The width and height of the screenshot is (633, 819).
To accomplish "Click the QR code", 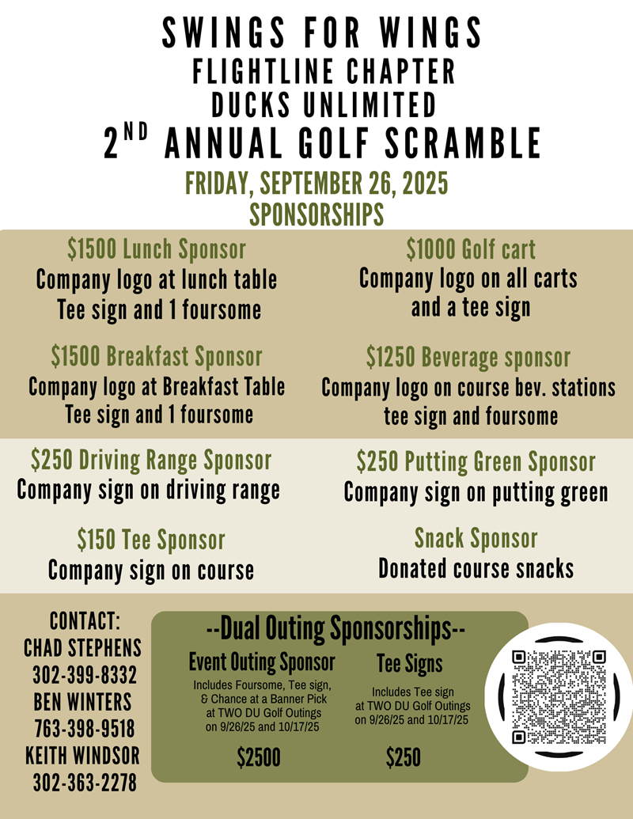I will [x=559, y=696].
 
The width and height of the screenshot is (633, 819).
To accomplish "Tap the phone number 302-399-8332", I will [x=85, y=677].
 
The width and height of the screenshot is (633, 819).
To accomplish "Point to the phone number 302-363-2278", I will [x=85, y=783].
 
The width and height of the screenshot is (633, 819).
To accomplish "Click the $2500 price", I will [x=259, y=758].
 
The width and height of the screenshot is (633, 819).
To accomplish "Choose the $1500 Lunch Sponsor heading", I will [x=156, y=249].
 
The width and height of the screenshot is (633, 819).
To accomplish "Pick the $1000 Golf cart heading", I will [x=471, y=249].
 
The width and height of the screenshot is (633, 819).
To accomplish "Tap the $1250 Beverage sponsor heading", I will [x=468, y=357].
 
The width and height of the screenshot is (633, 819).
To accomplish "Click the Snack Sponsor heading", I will [x=476, y=539].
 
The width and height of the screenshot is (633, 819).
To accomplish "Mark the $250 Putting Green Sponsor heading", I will [x=476, y=461].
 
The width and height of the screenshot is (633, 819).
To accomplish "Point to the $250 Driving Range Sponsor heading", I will [x=151, y=460].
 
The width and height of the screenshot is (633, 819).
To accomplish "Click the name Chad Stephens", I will [x=83, y=648].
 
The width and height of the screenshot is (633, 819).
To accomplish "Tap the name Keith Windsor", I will [x=83, y=755].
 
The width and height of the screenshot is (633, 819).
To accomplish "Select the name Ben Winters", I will [x=83, y=702].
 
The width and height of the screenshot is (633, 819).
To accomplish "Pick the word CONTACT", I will [x=85, y=620].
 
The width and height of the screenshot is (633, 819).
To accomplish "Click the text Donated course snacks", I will [x=476, y=568].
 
